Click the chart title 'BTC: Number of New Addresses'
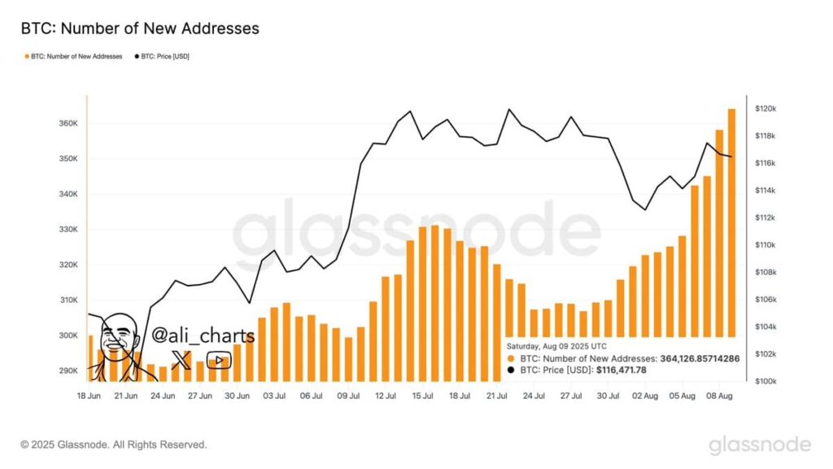coord(139,28)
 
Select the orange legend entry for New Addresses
coord(75,56)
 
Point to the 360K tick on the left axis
coord(68,124)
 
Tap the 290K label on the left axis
coord(68,370)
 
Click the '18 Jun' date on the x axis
coord(89,396)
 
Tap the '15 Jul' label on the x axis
coord(422,396)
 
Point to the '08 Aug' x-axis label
coord(717,396)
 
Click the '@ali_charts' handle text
coord(203,335)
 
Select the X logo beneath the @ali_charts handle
coord(181,360)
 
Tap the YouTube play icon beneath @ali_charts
coord(218,360)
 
